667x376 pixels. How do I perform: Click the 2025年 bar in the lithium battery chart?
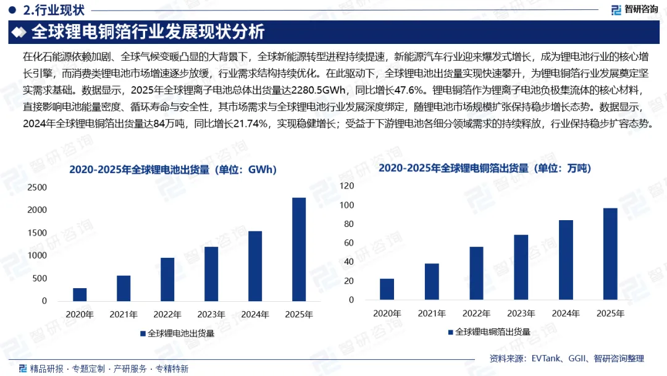[x=299, y=249]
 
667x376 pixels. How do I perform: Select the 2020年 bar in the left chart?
[x=80, y=294]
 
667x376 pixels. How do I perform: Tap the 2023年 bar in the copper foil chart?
[x=521, y=267]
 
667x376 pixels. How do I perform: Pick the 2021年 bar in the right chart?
[x=432, y=281]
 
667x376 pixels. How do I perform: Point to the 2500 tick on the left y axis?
[x=37, y=187]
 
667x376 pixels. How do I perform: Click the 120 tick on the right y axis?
[x=346, y=186]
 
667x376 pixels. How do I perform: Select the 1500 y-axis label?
[x=37, y=233]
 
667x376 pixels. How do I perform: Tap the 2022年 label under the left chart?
[x=167, y=314]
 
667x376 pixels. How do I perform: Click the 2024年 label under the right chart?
[x=566, y=314]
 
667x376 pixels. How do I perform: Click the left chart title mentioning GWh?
[x=173, y=169]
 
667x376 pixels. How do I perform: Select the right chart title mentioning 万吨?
[x=485, y=168]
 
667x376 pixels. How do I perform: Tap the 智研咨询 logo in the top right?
[x=635, y=10]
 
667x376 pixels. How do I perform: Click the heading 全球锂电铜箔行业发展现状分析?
[x=148, y=32]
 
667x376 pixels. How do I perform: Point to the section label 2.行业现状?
[x=54, y=10]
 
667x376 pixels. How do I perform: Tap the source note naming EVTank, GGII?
[x=566, y=359]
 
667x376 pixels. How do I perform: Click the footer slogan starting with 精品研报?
[x=109, y=369]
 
